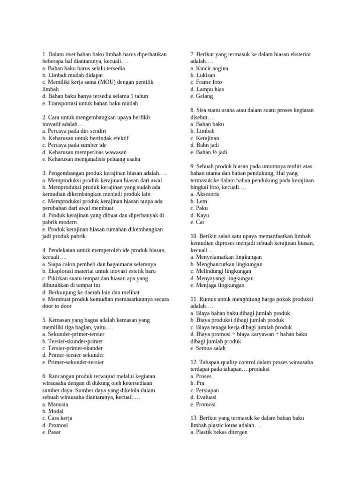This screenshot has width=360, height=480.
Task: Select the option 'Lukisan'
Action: coord(205,75)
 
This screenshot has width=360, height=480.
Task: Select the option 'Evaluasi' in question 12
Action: coord(205,397)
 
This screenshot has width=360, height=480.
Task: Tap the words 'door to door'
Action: coord(56,306)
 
